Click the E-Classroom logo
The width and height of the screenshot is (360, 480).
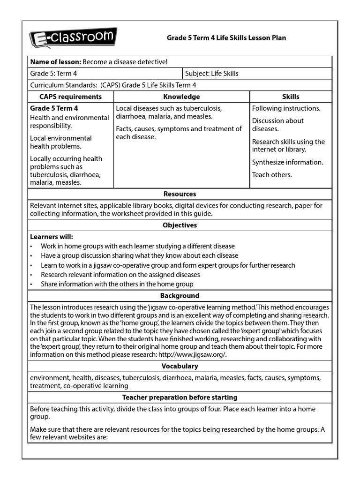click(73, 38)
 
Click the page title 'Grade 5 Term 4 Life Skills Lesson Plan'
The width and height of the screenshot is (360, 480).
click(226, 37)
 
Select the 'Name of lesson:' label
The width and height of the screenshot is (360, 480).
click(55, 62)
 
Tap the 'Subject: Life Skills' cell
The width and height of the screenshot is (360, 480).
click(212, 74)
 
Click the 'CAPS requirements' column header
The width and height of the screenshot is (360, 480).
click(70, 97)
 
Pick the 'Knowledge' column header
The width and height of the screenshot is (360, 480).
click(181, 97)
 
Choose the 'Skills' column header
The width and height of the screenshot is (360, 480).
click(291, 97)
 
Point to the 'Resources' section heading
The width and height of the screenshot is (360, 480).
click(180, 194)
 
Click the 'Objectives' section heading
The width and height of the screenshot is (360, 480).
click(180, 225)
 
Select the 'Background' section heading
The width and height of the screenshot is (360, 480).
click(180, 296)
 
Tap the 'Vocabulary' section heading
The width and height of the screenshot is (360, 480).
click(180, 366)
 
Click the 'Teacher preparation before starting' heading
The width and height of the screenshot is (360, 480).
click(180, 397)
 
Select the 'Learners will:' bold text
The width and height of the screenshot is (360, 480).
click(52, 237)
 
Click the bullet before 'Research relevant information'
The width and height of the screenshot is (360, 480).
click(31, 275)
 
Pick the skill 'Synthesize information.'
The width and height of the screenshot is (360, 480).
click(287, 162)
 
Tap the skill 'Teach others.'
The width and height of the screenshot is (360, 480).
click(272, 175)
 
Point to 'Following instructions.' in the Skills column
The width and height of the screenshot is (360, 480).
click(286, 108)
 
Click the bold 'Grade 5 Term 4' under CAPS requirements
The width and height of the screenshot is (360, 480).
click(54, 108)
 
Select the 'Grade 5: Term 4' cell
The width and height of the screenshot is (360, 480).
click(53, 74)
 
